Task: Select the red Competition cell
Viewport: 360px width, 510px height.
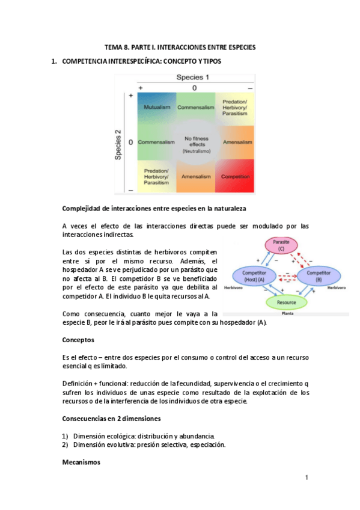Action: (x=235, y=176)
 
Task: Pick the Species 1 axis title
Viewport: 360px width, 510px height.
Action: (x=192, y=78)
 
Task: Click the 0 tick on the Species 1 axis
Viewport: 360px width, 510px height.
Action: (x=195, y=88)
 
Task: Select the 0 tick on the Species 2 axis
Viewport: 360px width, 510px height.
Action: (x=130, y=142)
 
